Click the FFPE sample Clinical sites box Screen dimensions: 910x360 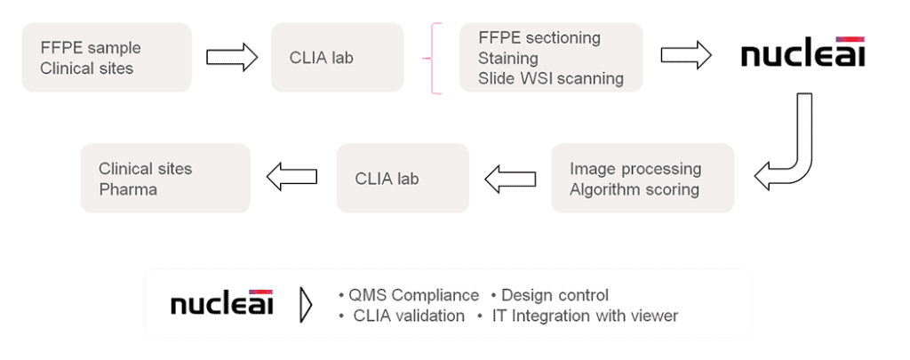[x=107, y=58]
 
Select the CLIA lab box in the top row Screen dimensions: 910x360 [x=337, y=58]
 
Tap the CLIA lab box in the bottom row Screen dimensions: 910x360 [x=403, y=178]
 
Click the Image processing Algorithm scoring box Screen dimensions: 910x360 [x=643, y=178]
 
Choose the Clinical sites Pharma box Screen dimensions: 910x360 [x=165, y=178]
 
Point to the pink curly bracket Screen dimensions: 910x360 [x=434, y=58]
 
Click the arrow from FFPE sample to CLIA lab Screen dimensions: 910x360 [x=232, y=57]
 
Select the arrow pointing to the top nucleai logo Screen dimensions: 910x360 [x=686, y=54]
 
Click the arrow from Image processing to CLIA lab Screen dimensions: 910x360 [x=510, y=179]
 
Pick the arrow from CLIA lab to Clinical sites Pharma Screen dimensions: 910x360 [x=291, y=176]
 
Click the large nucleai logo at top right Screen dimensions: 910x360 [x=803, y=52]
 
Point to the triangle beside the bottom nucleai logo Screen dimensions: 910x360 [x=306, y=304]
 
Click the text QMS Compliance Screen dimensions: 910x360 [x=413, y=295]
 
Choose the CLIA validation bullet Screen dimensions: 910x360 [x=403, y=316]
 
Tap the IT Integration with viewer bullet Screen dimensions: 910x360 [x=578, y=316]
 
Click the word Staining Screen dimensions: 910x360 [x=507, y=58]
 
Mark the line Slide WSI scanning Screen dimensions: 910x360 [x=551, y=78]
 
